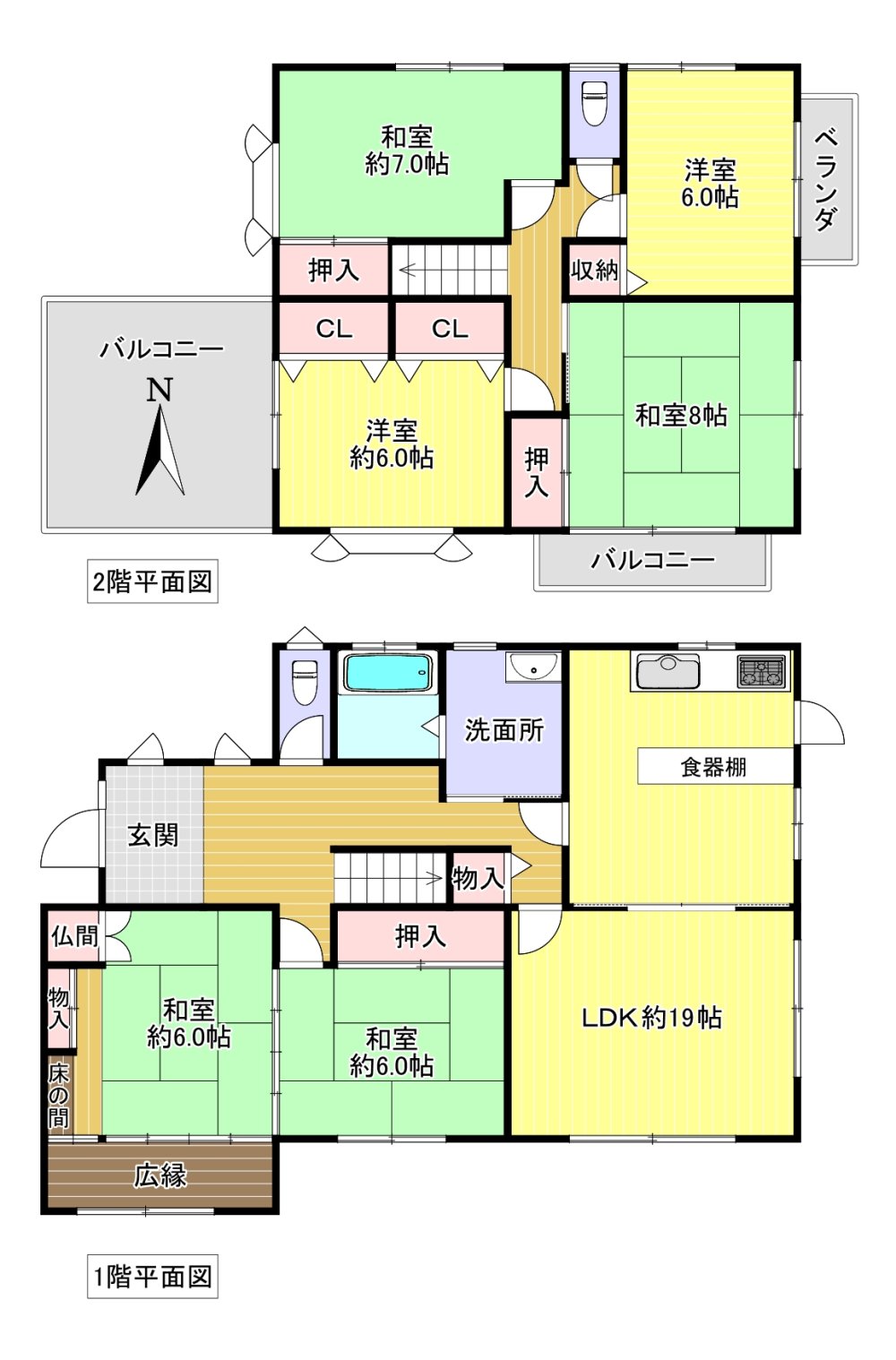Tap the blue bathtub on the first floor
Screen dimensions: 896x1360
click(x=389, y=673)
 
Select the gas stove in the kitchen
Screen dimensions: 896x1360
click(x=762, y=672)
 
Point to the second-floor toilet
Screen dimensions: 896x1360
click(x=594, y=103)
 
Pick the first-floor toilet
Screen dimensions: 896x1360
click(x=305, y=682)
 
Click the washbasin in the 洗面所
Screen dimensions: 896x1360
click(x=534, y=667)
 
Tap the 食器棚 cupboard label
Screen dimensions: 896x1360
click(x=713, y=768)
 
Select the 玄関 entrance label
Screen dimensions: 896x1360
click(x=153, y=835)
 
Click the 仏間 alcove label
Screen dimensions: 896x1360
click(x=74, y=936)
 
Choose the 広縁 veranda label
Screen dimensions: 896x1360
click(x=160, y=1175)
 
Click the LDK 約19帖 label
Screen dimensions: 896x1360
click(x=652, y=1017)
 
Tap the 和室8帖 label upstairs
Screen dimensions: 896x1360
click(x=681, y=416)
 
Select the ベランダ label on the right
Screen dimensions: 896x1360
click(x=826, y=180)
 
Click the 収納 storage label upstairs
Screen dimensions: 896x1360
click(x=594, y=270)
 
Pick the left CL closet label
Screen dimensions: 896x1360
click(x=334, y=329)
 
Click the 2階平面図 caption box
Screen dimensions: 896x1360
click(x=152, y=581)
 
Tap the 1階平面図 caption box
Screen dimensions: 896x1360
click(x=152, y=1277)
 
